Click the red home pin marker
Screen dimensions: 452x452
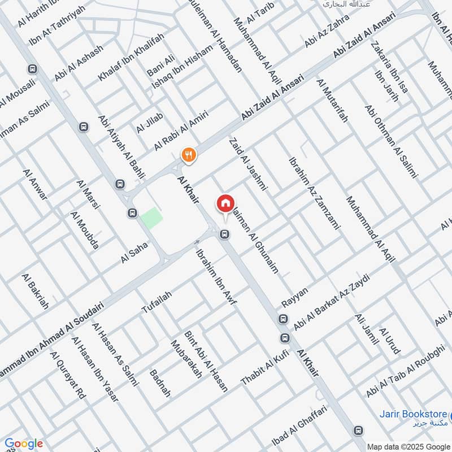[225, 203]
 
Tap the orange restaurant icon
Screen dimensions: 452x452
[188, 154]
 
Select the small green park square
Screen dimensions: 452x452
[151, 218]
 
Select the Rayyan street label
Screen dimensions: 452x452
[295, 299]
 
